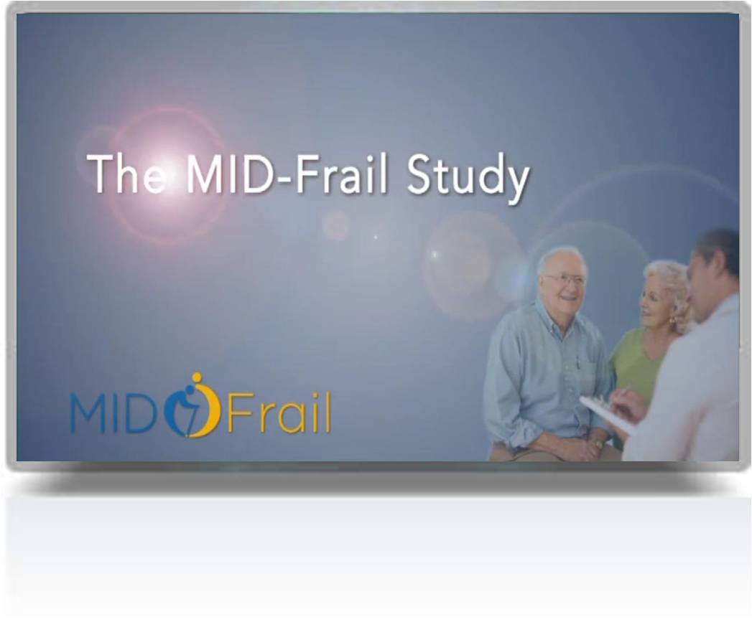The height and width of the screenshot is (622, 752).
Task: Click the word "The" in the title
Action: click(x=127, y=174)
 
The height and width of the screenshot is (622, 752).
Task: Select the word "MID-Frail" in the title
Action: click(x=287, y=174)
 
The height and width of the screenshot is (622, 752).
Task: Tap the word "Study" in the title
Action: click(x=468, y=178)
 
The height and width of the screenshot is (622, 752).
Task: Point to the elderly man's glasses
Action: click(x=565, y=279)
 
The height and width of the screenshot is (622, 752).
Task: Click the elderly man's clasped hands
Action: click(x=585, y=448)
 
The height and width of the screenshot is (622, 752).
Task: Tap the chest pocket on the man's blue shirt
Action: click(x=575, y=367)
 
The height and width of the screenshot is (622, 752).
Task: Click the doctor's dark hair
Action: click(x=717, y=249)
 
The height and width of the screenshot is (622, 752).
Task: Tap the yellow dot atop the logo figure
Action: click(x=195, y=377)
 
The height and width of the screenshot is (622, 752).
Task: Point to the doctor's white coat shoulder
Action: click(x=715, y=326)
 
